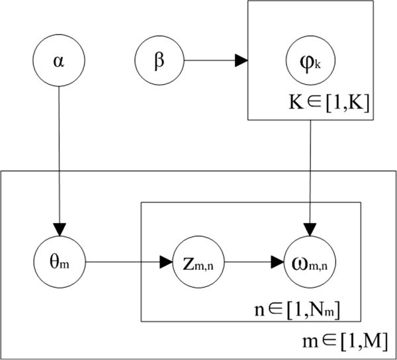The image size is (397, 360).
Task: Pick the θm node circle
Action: click(59, 261)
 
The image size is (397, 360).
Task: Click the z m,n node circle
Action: click(197, 261)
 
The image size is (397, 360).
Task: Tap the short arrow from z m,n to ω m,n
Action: click(248, 261)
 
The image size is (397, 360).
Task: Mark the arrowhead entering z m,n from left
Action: click(167, 261)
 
